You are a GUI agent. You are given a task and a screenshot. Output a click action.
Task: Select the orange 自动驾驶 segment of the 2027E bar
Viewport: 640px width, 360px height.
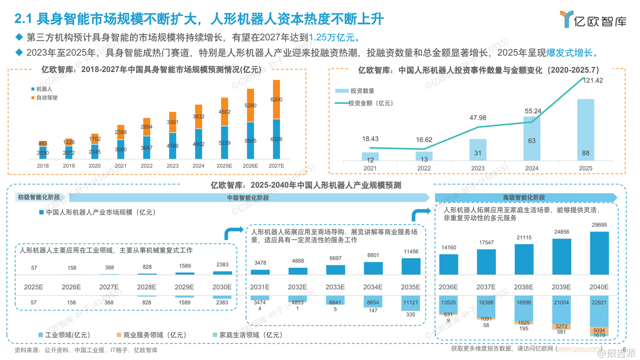[276, 100]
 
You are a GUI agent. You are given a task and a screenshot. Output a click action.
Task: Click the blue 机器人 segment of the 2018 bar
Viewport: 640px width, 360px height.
[43, 153]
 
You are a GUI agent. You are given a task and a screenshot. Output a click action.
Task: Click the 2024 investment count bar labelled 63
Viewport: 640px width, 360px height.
[532, 139]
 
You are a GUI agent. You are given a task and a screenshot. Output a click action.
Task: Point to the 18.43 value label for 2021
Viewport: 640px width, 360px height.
[370, 139]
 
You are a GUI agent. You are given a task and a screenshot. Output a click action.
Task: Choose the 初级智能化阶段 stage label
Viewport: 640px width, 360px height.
[39, 197]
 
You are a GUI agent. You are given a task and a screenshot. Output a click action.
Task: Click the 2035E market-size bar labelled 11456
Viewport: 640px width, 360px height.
[411, 266]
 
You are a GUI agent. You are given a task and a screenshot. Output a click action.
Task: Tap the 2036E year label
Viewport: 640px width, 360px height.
[449, 287]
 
